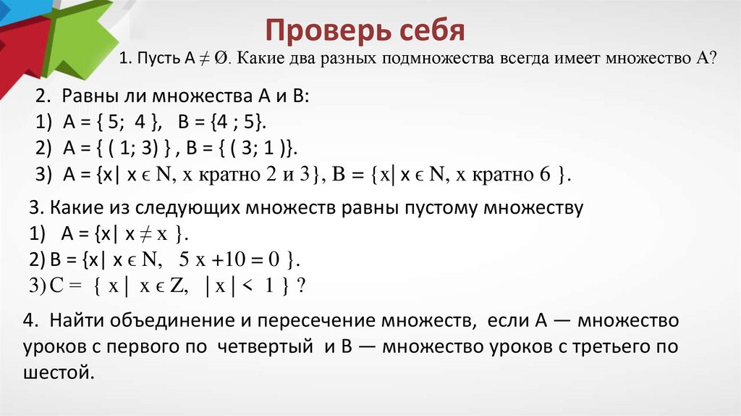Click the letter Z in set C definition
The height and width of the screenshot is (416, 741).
(x=174, y=286)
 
